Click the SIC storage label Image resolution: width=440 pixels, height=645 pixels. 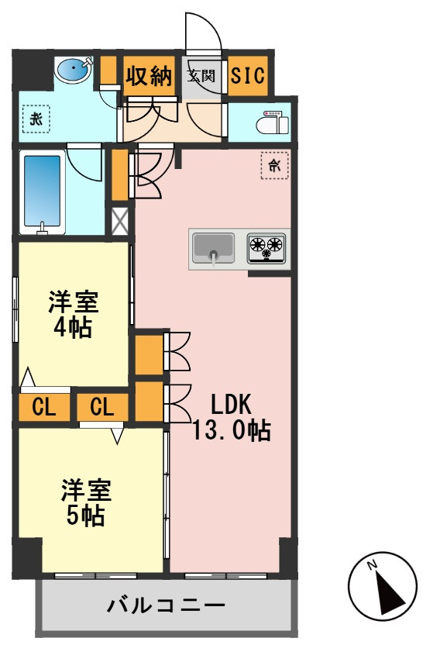pyautogui.click(x=248, y=76)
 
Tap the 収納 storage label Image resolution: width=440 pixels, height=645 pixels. pyautogui.click(x=149, y=76)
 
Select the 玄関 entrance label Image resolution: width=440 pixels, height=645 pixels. pyautogui.click(x=201, y=76)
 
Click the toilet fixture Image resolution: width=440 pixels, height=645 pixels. pyautogui.click(x=272, y=122)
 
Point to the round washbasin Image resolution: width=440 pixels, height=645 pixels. pyautogui.click(x=73, y=70)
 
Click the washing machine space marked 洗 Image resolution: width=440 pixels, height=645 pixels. pyautogui.click(x=36, y=119)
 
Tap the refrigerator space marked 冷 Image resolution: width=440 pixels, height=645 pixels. pyautogui.click(x=274, y=165)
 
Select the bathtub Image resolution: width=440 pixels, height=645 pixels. pyautogui.click(x=43, y=192)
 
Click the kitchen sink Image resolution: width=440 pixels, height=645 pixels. pyautogui.click(x=214, y=248)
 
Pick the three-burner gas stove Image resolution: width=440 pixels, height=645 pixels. pyautogui.click(x=266, y=248)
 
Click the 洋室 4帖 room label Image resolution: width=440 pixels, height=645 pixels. pyautogui.click(x=73, y=314)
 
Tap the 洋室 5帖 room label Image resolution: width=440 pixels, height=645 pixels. pyautogui.click(x=86, y=502)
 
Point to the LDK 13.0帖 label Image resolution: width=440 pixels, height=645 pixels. pyautogui.click(x=232, y=417)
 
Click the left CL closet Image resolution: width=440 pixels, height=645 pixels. pyautogui.click(x=44, y=407)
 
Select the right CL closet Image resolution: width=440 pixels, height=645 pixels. pyautogui.click(x=102, y=407)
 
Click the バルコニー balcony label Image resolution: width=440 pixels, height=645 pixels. pyautogui.click(x=166, y=605)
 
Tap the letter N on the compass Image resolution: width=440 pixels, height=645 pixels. pyautogui.click(x=373, y=565)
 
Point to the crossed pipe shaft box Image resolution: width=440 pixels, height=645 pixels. pyautogui.click(x=121, y=221)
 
